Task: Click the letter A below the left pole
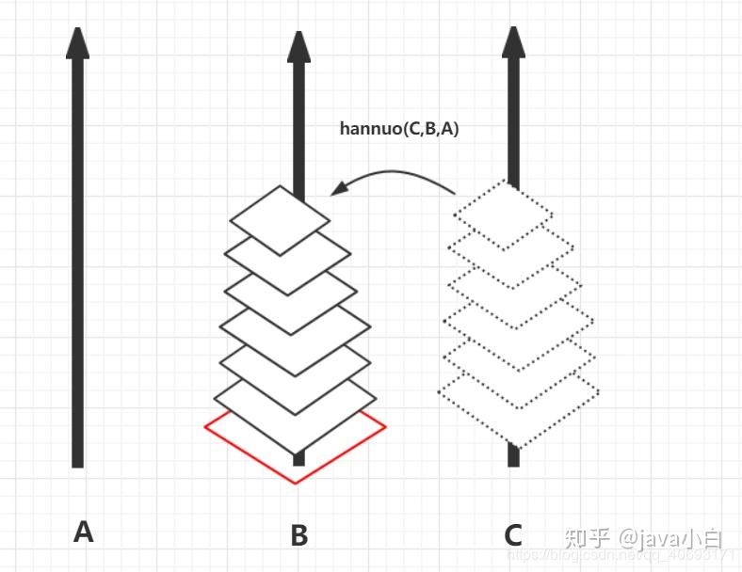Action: (83, 532)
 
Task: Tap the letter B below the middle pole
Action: (298, 535)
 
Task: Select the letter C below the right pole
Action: (513, 535)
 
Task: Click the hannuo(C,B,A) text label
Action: (399, 129)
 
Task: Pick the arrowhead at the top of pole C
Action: (513, 42)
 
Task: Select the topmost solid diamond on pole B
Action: (280, 219)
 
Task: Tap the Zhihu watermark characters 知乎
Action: (586, 538)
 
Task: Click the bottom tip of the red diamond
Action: (296, 483)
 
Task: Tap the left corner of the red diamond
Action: (206, 427)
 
